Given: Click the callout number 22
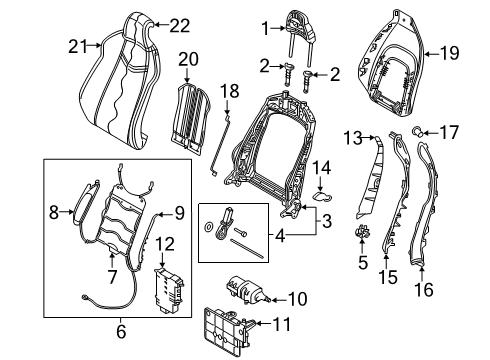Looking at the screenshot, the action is coord(180,26).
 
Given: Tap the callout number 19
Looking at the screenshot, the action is coord(449,53).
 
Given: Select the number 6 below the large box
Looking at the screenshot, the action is coord(121,331).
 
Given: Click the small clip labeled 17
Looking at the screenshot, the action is coord(418,131).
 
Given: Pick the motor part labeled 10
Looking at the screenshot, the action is coord(247,289).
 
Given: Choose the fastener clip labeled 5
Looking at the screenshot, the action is coord(362,232).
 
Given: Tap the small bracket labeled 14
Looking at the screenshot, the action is coord(322,196).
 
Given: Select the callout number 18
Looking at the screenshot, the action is coord(230,91).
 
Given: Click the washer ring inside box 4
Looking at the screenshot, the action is coord(209,227).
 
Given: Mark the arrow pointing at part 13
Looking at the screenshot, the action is coord(368,137).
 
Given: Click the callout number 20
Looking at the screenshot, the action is coord(188,59).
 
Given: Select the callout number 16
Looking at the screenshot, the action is coord(424,289).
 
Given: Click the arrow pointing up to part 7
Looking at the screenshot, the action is coord(112,261).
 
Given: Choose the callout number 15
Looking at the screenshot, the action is coord(388,277).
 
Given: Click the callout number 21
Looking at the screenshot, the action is coord(78,46).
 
